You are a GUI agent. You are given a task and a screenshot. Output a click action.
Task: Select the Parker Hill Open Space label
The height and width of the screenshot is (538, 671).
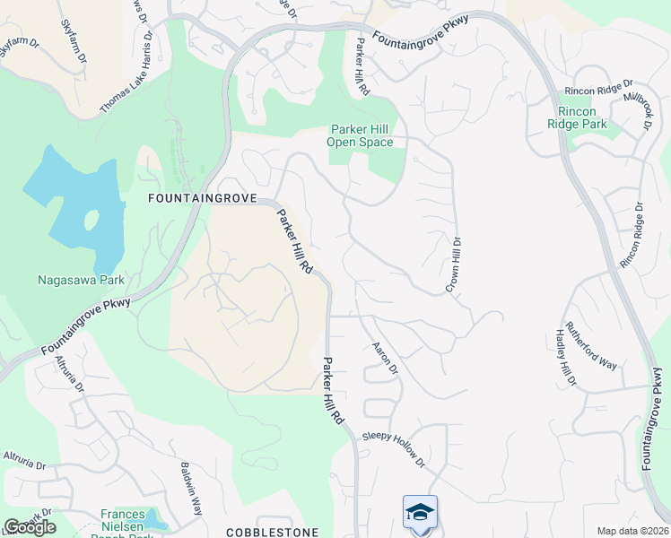(362, 135)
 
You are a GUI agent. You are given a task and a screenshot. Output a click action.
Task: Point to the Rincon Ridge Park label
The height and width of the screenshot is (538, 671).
(582, 117)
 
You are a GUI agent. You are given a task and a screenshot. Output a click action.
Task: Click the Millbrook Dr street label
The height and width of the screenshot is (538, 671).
(639, 108)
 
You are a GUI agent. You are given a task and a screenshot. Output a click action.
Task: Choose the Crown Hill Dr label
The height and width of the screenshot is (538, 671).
(455, 263)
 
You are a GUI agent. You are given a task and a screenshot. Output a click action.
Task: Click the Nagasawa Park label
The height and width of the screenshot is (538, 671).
(81, 280)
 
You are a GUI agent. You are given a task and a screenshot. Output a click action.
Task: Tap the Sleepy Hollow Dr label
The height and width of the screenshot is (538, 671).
(393, 449)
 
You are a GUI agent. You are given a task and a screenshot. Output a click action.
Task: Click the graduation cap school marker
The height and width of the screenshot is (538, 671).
(420, 513)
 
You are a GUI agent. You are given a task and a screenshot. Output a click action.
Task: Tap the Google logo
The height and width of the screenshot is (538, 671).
(30, 527)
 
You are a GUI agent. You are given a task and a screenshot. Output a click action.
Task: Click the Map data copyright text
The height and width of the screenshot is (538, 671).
(633, 531)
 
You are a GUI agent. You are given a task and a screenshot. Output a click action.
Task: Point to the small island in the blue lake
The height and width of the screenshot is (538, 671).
(91, 220)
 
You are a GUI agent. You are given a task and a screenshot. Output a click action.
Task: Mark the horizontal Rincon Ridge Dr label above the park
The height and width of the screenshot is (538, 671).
(597, 91)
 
